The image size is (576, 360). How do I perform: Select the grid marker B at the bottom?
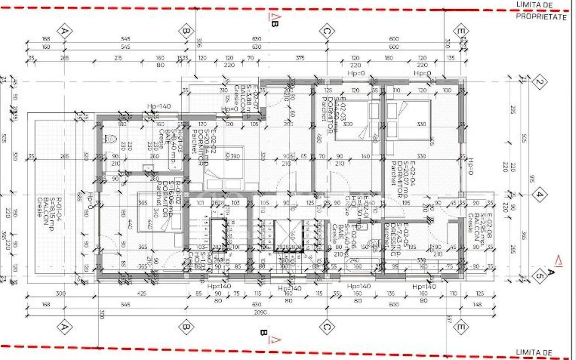pyautogui.click(x=186, y=327)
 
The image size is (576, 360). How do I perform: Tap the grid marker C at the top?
pyautogui.click(x=327, y=31)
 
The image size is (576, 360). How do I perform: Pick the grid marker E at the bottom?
pyautogui.click(x=461, y=327)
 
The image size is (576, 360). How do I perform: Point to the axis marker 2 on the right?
pyautogui.click(x=539, y=82)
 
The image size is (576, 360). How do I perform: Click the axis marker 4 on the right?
pyautogui.click(x=539, y=195)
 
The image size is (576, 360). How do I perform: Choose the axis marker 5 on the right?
pyautogui.click(x=539, y=276)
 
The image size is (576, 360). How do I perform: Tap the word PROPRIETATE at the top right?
pyautogui.click(x=541, y=17)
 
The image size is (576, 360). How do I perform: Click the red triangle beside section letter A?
pyautogui.click(x=558, y=261)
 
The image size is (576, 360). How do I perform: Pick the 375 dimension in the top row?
pyautogui.click(x=300, y=58)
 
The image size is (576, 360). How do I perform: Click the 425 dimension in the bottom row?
pyautogui.click(x=142, y=294)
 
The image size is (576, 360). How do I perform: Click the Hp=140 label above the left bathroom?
pyautogui.click(x=159, y=106)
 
